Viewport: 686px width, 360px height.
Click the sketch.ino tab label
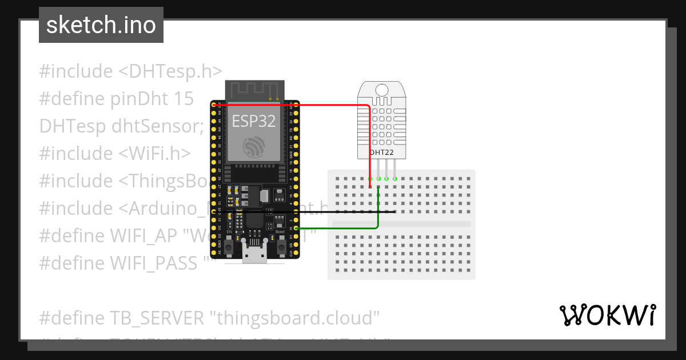pyautogui.click(x=101, y=25)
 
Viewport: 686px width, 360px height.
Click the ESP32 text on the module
pyautogui.click(x=253, y=121)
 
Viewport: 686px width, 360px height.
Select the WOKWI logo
pyautogui.click(x=607, y=315)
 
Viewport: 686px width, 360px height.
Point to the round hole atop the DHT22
pyautogui.click(x=382, y=89)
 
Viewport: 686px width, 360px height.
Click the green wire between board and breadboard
pyautogui.click(x=343, y=229)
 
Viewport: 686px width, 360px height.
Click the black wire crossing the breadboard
pyautogui.click(x=343, y=211)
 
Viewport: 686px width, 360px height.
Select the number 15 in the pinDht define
pyautogui.click(x=183, y=99)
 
